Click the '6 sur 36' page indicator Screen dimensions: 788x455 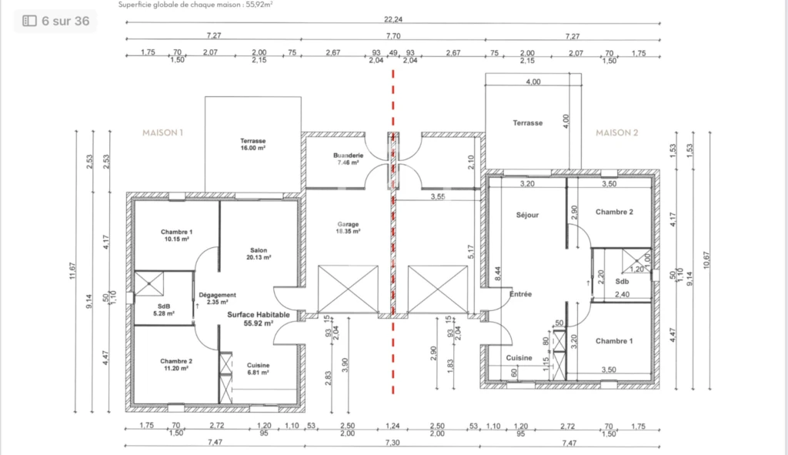55,21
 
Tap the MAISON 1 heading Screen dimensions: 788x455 163,132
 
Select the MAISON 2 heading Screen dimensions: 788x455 616,132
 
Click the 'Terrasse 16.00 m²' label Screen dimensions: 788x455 252,144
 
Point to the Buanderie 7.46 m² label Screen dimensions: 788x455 348,159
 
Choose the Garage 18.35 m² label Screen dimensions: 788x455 348,228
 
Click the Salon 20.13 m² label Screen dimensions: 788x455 259,254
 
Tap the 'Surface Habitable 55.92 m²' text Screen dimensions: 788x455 259,319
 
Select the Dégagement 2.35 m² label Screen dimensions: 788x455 217,299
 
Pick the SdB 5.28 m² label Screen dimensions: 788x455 164,309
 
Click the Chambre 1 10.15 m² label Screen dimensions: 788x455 176,236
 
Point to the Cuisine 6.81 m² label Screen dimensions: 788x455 258,369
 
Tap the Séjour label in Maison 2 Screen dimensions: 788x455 527,216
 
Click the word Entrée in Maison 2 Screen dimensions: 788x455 521,294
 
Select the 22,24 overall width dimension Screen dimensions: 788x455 393,19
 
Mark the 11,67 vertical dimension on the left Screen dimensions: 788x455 73,271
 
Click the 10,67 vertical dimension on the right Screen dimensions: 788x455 706,260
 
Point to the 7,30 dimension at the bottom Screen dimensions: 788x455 392,443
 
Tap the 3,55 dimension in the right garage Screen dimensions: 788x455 438,196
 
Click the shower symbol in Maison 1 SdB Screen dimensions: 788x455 149,283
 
